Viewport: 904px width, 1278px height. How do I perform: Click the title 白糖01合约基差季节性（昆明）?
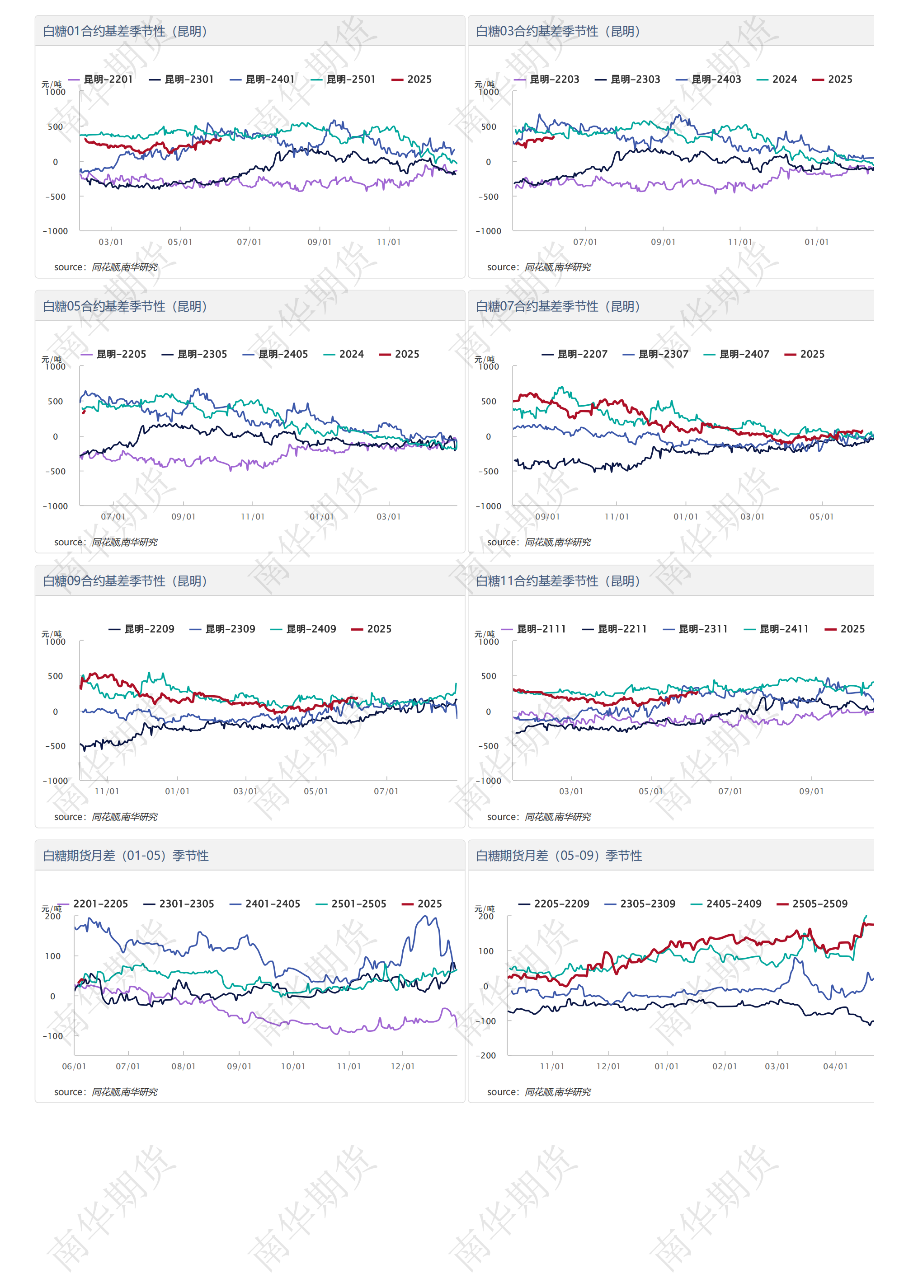pyautogui.click(x=125, y=31)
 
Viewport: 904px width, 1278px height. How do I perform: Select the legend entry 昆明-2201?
pyautogui.click(x=108, y=79)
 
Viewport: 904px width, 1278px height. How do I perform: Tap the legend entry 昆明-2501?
pyautogui.click(x=350, y=79)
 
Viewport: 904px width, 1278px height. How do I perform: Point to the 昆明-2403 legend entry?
pyautogui.click(x=716, y=79)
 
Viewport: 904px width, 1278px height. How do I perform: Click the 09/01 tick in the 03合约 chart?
pyautogui.click(x=663, y=242)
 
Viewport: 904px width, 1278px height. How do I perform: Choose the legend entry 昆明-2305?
pyautogui.click(x=202, y=354)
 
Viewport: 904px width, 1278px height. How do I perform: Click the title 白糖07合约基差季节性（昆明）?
pyautogui.click(x=558, y=306)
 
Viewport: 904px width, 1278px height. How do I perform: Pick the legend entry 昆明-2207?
pyautogui.click(x=582, y=354)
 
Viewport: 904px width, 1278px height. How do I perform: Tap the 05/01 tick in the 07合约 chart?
pyautogui.click(x=822, y=516)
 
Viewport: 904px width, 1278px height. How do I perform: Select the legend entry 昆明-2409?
pyautogui.click(x=311, y=629)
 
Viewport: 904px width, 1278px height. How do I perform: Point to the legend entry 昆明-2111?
pyautogui.click(x=541, y=629)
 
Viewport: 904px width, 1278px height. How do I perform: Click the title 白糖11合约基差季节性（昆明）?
pyautogui.click(x=558, y=581)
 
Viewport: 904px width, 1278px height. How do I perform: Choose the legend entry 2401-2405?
pyautogui.click(x=273, y=903)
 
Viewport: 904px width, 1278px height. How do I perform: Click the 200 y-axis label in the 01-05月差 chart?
pyautogui.click(x=53, y=916)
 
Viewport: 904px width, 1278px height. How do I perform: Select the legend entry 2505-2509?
pyautogui.click(x=819, y=903)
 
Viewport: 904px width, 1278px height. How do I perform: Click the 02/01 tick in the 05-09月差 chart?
pyautogui.click(x=724, y=1066)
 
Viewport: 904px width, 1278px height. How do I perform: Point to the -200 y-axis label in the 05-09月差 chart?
pyautogui.click(x=485, y=1055)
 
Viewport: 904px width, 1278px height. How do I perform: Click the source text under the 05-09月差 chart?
pyautogui.click(x=539, y=1091)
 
